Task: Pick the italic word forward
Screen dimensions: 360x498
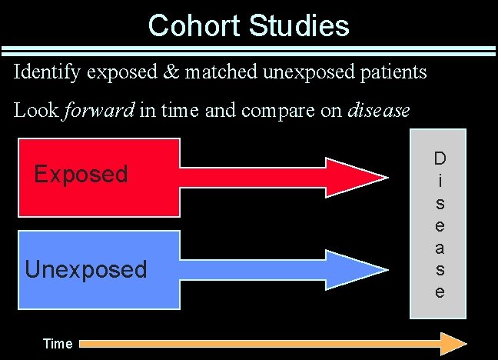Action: coord(98,110)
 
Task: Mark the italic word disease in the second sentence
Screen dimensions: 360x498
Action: coord(379,110)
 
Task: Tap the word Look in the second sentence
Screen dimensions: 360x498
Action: coord(35,110)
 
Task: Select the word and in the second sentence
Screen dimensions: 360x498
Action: coord(222,110)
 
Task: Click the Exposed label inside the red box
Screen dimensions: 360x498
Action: coord(81,174)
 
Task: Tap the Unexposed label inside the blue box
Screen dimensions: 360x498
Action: coord(85,269)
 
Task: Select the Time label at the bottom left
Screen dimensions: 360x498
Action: coord(58,344)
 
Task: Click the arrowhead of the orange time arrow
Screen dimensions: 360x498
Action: coord(453,342)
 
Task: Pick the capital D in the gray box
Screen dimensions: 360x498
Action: coord(439,159)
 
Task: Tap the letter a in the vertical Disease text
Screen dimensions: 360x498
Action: coord(439,247)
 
